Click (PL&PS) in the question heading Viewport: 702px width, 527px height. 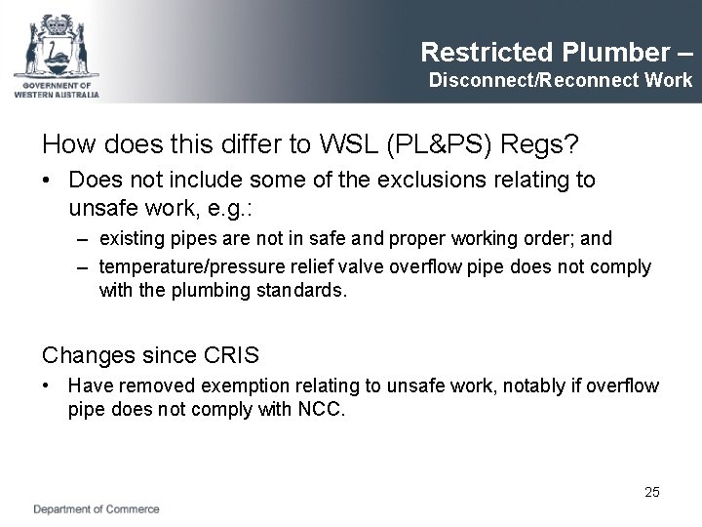pos(433,145)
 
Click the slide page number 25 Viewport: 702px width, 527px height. pos(651,492)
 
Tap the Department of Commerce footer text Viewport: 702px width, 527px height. pos(97,508)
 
